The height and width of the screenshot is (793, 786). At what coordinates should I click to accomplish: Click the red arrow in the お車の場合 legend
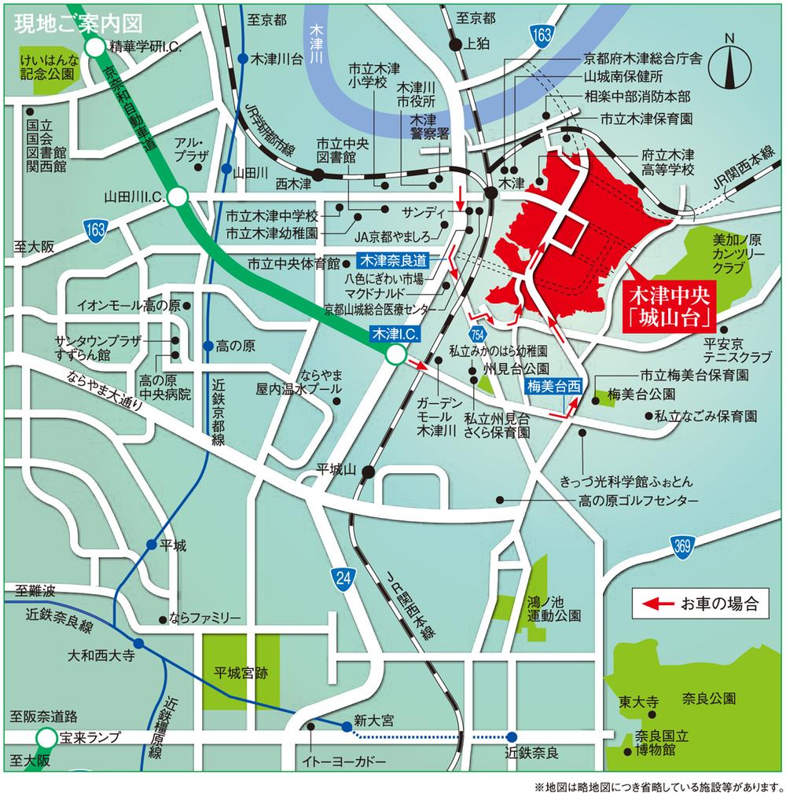(x=656, y=604)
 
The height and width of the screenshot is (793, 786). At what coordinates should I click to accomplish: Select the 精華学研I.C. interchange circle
(x=96, y=48)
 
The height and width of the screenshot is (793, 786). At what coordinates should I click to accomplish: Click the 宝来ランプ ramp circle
(x=46, y=737)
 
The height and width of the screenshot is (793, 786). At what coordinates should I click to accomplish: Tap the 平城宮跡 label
(x=241, y=673)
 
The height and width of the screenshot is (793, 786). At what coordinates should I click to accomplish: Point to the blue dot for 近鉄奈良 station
(x=512, y=736)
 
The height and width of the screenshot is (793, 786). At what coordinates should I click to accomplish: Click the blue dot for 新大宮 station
(x=346, y=727)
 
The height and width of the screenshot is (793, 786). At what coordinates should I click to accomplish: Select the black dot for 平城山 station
(x=369, y=471)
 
